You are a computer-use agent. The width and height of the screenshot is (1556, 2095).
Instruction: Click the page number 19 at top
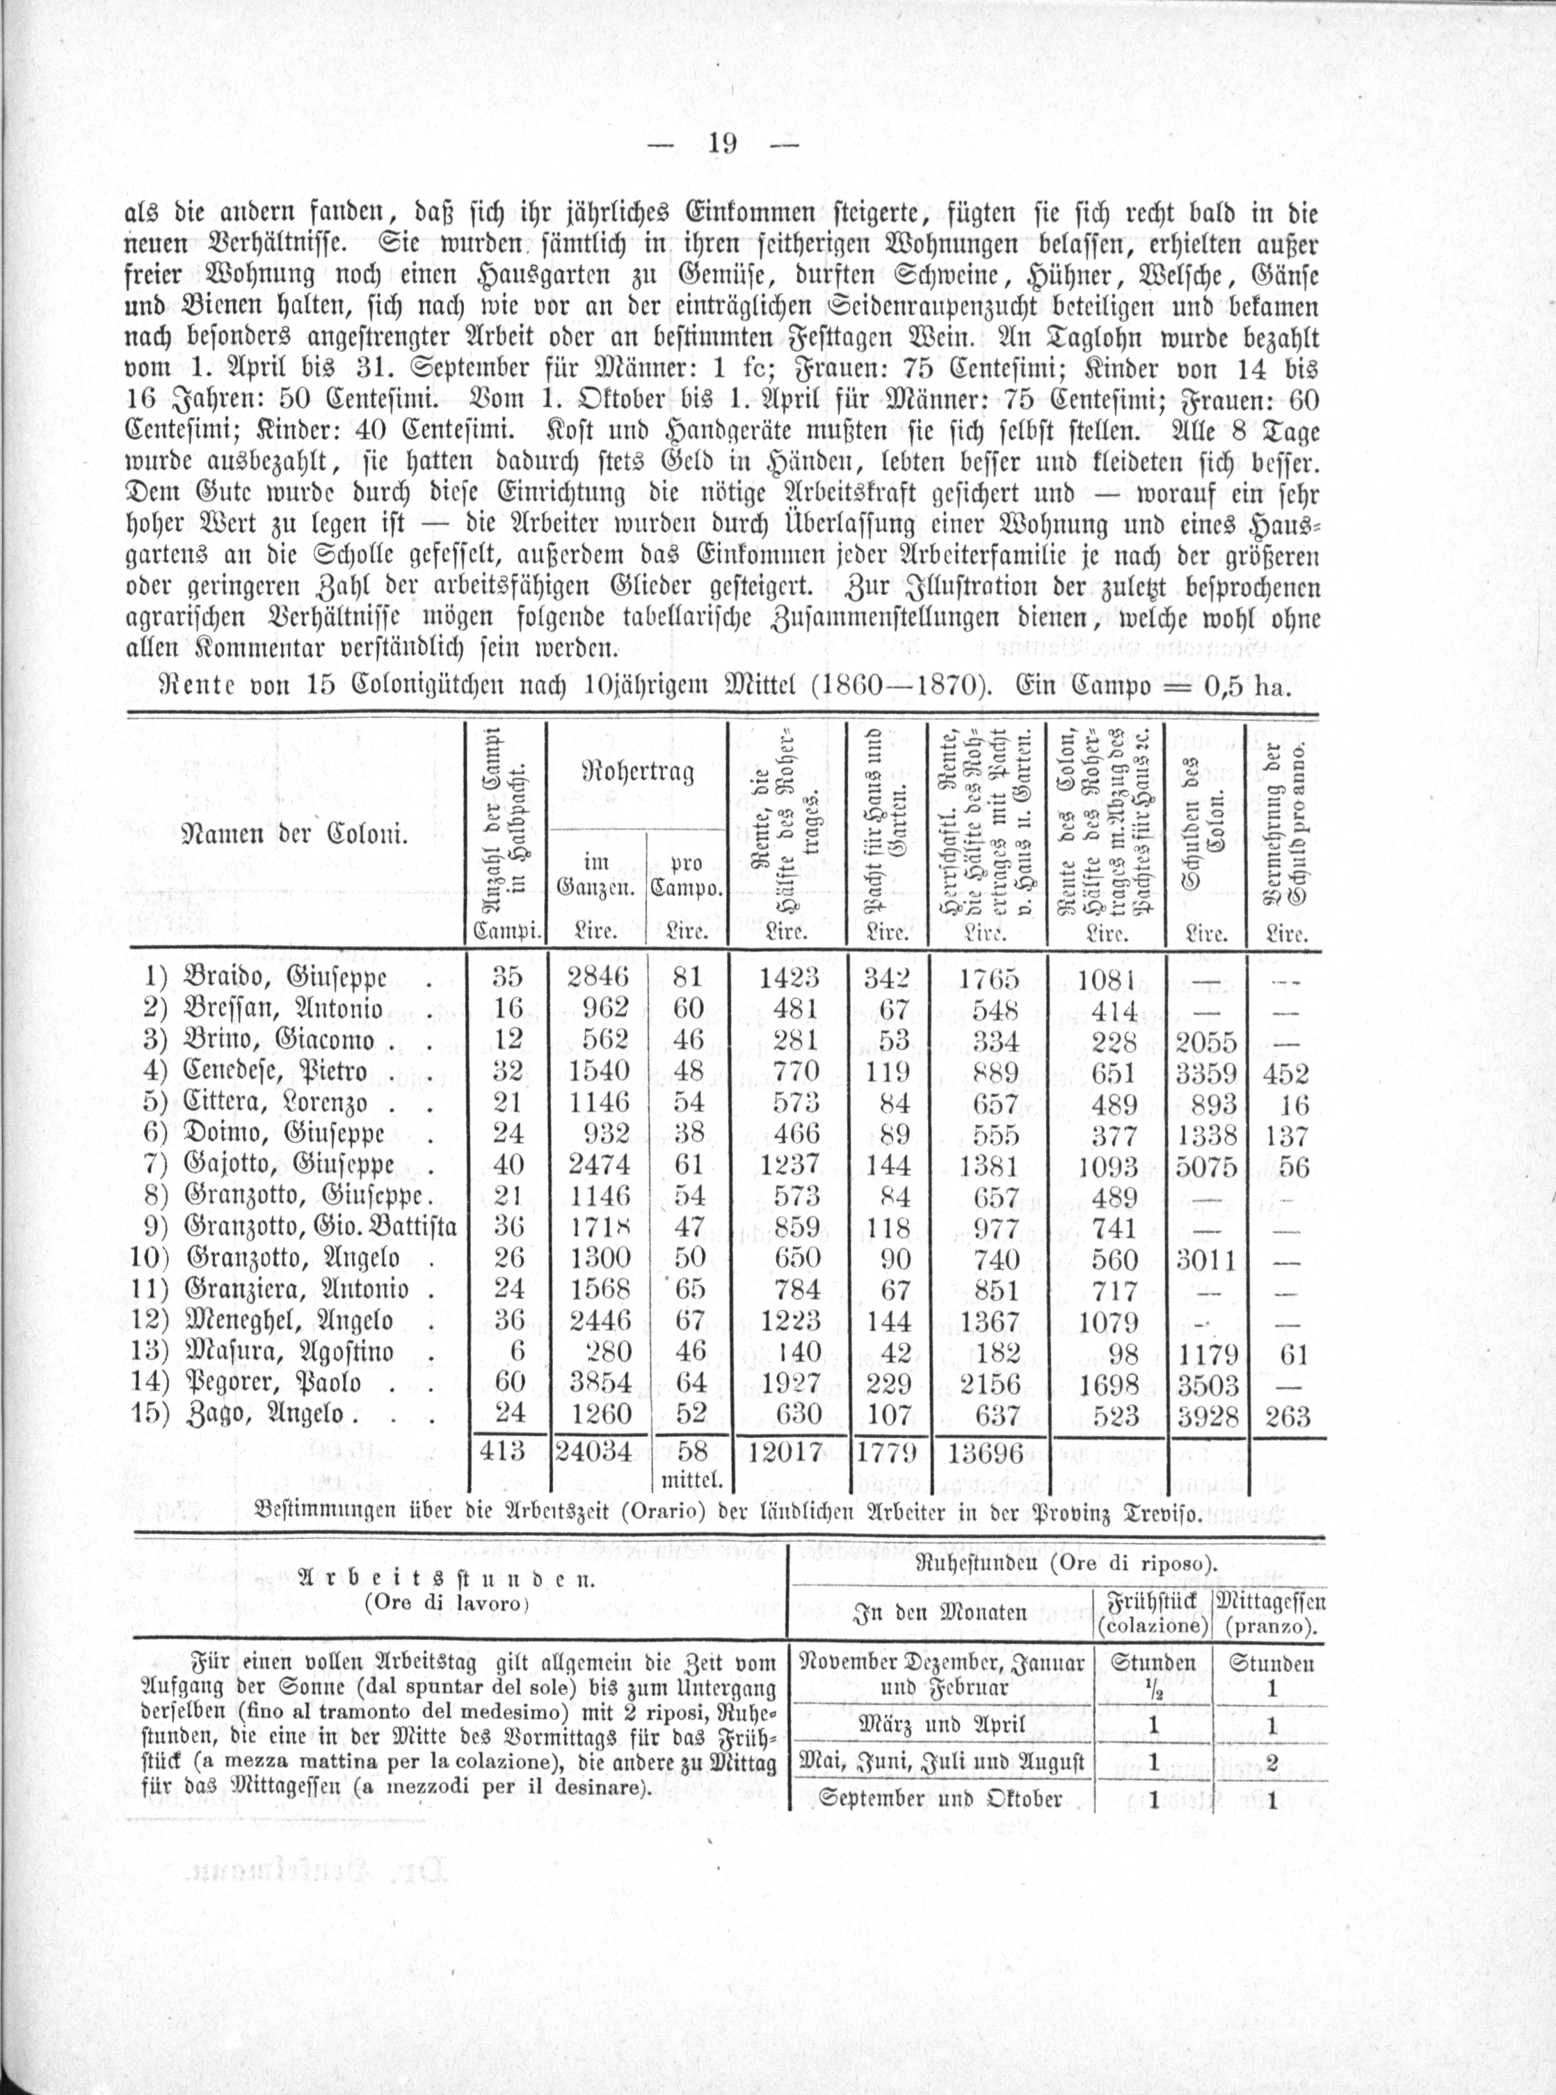[x=723, y=144]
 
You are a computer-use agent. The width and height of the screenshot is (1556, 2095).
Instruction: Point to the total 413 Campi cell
[x=502, y=1451]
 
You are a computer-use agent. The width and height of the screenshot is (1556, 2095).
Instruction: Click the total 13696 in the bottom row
[x=986, y=1453]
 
